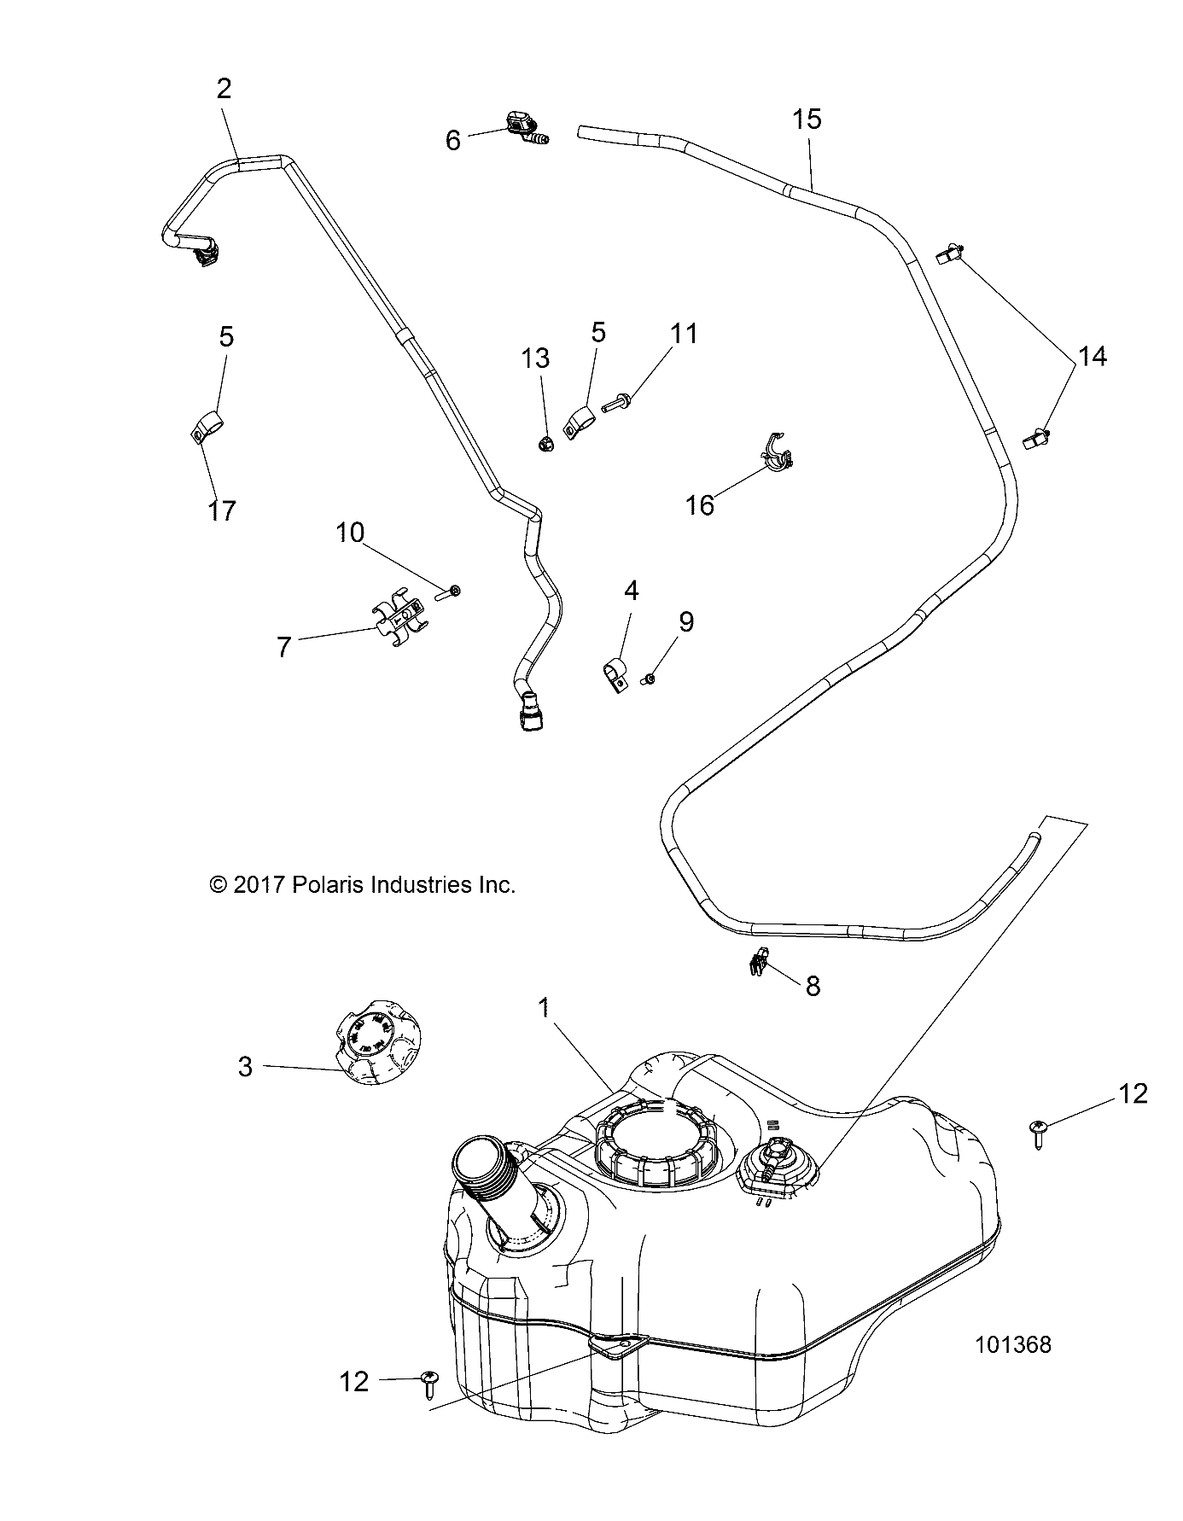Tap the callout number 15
(807, 119)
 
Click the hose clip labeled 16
(777, 453)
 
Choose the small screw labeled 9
(651, 679)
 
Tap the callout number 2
(224, 89)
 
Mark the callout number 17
(222, 510)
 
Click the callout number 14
(1093, 356)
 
